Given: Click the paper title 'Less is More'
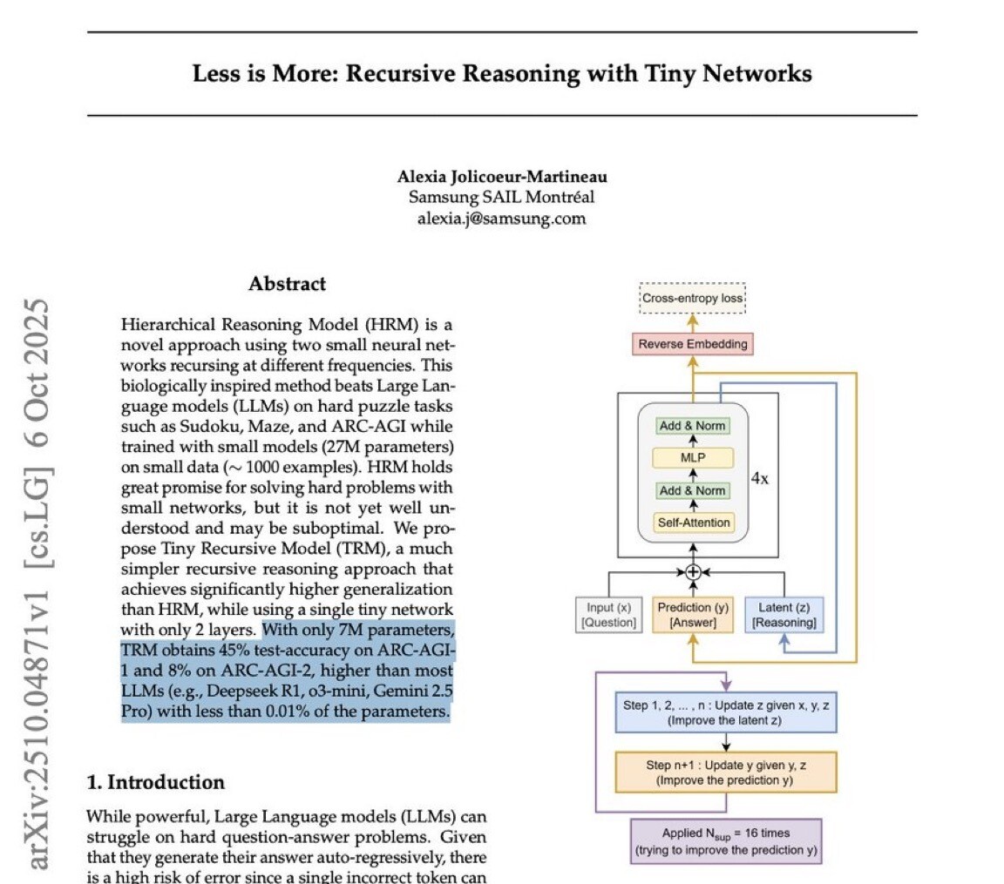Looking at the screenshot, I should (502, 73).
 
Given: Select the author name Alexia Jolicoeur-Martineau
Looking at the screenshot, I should (502, 177).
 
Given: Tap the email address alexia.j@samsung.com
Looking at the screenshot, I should (502, 218).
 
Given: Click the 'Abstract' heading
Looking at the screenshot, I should (287, 284).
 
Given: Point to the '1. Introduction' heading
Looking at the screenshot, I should (156, 782).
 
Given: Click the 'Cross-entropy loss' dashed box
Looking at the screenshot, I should (694, 299).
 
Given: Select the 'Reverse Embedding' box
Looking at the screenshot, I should (693, 344).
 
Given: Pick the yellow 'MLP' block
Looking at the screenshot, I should (694, 458).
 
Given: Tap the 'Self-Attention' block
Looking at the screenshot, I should (694, 523).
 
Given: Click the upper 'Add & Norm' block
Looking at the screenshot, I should (694, 426).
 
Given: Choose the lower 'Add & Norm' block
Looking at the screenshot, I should (694, 490).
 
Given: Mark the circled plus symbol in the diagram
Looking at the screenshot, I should (694, 572).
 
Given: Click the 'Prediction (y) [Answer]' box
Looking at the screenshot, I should (693, 614).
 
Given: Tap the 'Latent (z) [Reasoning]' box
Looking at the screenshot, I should (784, 614).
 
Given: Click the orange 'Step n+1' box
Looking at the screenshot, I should (725, 772).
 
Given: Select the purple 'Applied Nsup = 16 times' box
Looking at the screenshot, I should (726, 840).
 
